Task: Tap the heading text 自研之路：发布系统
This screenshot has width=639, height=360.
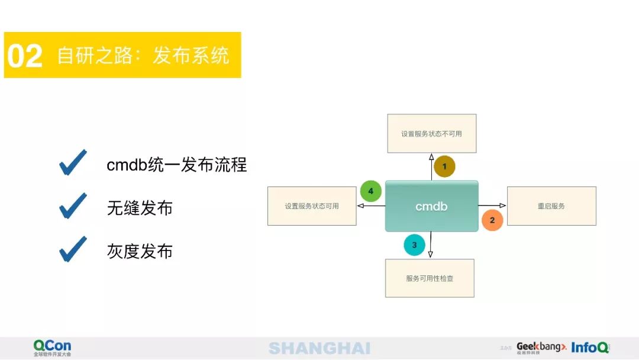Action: [x=143, y=56]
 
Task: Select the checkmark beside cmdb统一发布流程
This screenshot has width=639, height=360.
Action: [x=73, y=162]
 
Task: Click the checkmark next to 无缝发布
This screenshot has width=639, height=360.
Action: [x=73, y=206]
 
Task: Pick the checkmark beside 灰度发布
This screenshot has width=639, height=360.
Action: [x=73, y=249]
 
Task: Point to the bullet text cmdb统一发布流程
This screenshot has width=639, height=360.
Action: [x=176, y=165]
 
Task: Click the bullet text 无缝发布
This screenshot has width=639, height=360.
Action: [x=140, y=208]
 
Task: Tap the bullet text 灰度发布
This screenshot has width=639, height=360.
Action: [x=140, y=252]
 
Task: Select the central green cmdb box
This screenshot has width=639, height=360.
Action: [x=431, y=206]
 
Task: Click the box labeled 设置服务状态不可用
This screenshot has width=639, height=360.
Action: [x=431, y=133]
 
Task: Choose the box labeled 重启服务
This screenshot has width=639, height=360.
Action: [x=551, y=206]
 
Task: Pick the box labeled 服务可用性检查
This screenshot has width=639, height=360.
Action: [x=430, y=278]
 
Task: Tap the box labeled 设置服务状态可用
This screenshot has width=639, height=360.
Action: [x=312, y=206]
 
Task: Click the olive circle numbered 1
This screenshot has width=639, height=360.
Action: [x=444, y=166]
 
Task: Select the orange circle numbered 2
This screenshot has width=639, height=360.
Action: [x=492, y=220]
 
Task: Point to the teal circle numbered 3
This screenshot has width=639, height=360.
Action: [x=414, y=245]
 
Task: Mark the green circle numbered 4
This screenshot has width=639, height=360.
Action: [x=371, y=191]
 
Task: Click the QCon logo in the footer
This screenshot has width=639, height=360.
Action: [x=52, y=348]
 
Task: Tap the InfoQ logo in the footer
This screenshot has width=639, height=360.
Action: [x=590, y=348]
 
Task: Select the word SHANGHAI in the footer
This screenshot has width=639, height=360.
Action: [x=319, y=348]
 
